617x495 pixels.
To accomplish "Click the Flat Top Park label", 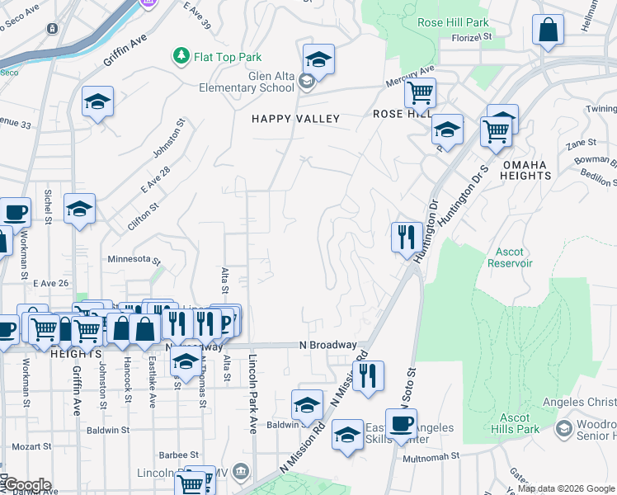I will (228, 57).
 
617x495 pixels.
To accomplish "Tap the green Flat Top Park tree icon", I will (181, 56).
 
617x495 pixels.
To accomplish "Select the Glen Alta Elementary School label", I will (248, 82).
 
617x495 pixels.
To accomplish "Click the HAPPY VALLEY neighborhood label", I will (295, 119).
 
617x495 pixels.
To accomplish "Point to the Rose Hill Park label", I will (453, 23).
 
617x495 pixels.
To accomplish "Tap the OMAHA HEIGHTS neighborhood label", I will (525, 170).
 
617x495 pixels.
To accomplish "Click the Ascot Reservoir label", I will (514, 257).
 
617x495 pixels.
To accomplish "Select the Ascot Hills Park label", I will (516, 424).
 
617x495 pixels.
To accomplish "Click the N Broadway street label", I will (328, 345).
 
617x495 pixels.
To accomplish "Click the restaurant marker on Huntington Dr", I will (407, 238).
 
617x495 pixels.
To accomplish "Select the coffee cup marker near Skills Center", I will (402, 424).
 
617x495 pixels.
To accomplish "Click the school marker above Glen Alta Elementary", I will (318, 59).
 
